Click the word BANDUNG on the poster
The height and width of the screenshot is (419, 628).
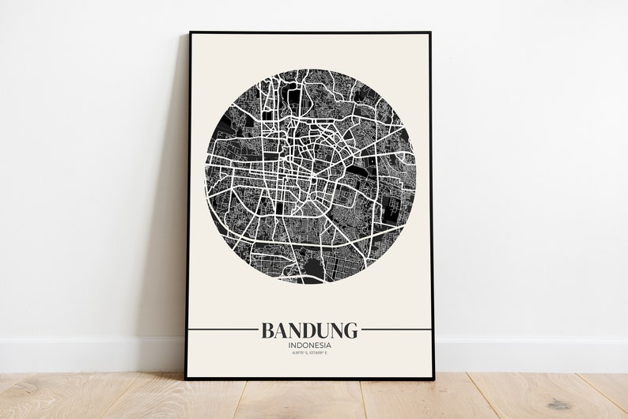tap(308, 329)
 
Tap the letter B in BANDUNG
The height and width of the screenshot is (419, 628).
tap(267, 329)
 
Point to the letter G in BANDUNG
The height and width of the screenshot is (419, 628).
tap(349, 329)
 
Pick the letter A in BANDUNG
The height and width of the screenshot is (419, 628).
tap(281, 329)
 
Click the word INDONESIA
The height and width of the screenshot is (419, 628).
tap(309, 345)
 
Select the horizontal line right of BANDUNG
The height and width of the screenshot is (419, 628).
tap(395, 329)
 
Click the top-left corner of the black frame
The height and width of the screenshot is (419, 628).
tap(190, 33)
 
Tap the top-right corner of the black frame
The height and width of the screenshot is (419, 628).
tap(431, 33)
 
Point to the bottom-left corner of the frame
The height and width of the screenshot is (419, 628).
tap(187, 379)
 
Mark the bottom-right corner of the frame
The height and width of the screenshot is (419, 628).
tap(434, 379)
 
